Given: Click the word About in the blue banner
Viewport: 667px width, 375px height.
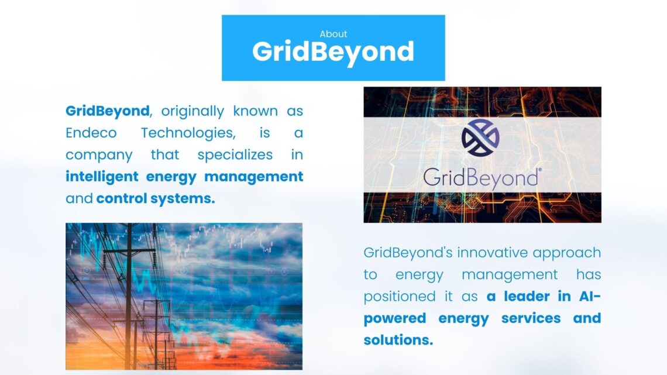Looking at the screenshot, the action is pos(333,34).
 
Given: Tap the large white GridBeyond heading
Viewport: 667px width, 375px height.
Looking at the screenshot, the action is pos(333,52).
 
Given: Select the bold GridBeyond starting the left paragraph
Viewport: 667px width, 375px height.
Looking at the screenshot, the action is pos(107,111).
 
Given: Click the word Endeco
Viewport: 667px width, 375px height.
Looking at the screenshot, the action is pos(91,133).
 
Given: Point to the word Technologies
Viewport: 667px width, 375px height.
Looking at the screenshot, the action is pos(188,133).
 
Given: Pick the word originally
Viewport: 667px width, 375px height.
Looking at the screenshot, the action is pos(192,111).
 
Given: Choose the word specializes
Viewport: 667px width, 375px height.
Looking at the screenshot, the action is pos(235,155).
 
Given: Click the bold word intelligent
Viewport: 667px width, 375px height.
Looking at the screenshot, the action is pos(102,177).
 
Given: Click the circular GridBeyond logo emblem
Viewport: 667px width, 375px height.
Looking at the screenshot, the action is pos(480,137).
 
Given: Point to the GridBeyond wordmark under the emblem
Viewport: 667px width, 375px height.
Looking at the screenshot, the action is pos(481,177).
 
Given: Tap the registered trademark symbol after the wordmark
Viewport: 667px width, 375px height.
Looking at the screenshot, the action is pos(540,170).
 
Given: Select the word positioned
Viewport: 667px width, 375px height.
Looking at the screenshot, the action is pos(400,297).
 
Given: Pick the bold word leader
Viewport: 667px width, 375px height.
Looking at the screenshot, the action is pos(527,297).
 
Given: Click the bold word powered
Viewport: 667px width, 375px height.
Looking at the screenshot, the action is pos(395,318).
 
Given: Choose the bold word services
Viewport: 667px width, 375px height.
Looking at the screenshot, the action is pos(531,318).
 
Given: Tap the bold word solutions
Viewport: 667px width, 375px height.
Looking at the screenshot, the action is pos(398,340).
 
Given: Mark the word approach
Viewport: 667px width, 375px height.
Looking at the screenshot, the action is pos(566,253).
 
